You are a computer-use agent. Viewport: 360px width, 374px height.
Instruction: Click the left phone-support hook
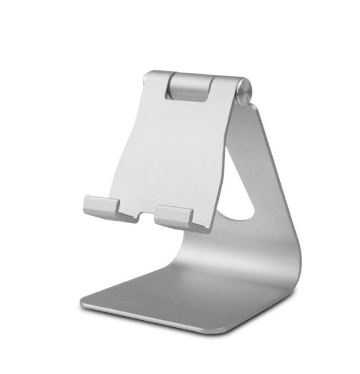pyautogui.click(x=101, y=207)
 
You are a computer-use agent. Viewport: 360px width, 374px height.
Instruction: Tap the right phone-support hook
pyautogui.click(x=174, y=216)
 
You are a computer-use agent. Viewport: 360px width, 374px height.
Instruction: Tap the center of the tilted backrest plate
pyautogui.click(x=168, y=150)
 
